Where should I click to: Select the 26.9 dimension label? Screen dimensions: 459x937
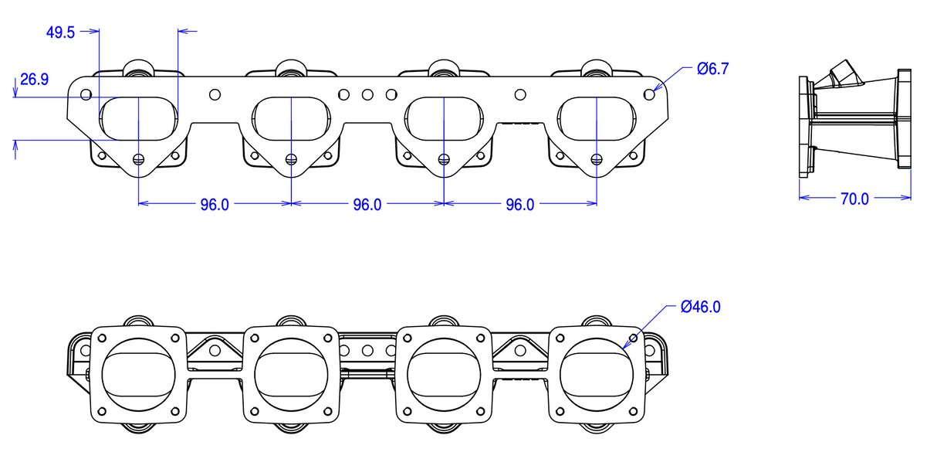pyautogui.click(x=34, y=79)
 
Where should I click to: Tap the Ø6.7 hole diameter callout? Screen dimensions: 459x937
pyautogui.click(x=712, y=69)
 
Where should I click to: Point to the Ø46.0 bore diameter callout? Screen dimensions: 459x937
pyautogui.click(x=700, y=307)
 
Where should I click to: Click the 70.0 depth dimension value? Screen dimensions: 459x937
pyautogui.click(x=854, y=199)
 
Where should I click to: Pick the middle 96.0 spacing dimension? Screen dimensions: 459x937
pyautogui.click(x=367, y=204)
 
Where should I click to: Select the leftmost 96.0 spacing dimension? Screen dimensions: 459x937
pyautogui.click(x=215, y=204)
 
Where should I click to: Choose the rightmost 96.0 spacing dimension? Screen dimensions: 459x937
pyautogui.click(x=519, y=204)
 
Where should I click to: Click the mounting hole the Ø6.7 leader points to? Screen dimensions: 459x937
pyautogui.click(x=650, y=94)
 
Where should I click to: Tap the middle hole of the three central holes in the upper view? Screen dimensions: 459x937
pyautogui.click(x=367, y=94)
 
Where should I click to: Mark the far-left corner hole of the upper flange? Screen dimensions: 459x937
pyautogui.click(x=86, y=94)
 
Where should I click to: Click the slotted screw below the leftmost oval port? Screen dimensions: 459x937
pyautogui.click(x=138, y=159)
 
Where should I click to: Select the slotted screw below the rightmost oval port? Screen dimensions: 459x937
pyautogui.click(x=596, y=159)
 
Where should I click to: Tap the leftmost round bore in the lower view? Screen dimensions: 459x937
pyautogui.click(x=138, y=374)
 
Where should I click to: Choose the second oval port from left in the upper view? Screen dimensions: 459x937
pyautogui.click(x=291, y=118)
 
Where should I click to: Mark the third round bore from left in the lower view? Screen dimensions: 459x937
pyautogui.click(x=444, y=374)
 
